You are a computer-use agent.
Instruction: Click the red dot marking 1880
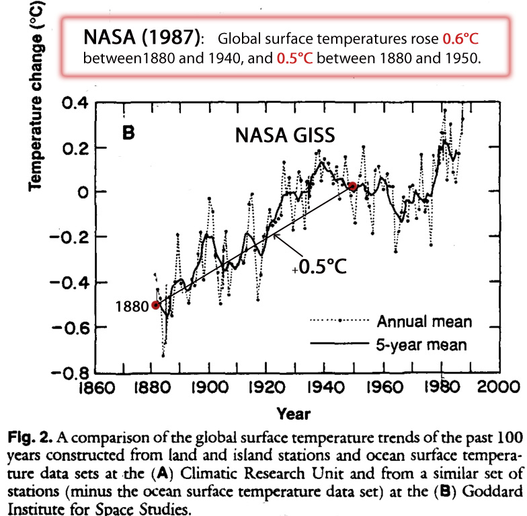(155, 304)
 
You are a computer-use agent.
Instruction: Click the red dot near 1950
(352, 186)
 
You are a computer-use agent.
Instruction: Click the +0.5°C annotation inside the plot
(321, 266)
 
